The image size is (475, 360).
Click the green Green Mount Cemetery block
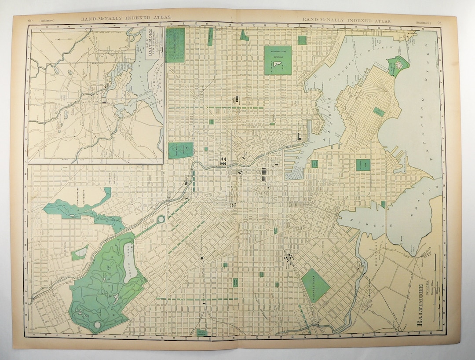click(180, 150)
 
